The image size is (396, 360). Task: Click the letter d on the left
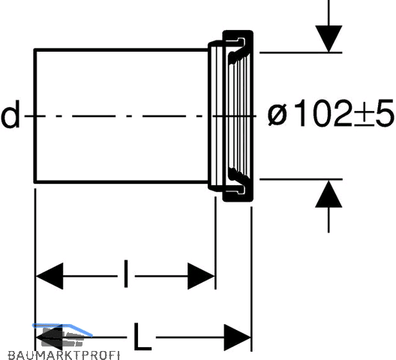click(10, 114)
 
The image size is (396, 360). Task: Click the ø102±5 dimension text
click(330, 112)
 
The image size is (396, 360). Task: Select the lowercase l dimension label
click(126, 274)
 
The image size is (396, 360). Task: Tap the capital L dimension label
click(142, 337)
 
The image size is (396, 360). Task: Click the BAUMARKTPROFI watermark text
click(64, 355)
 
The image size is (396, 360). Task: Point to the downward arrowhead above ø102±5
click(328, 39)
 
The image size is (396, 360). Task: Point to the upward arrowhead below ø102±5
click(328, 193)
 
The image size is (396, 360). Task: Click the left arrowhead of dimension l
click(49, 276)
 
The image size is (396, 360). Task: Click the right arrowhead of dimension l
click(201, 276)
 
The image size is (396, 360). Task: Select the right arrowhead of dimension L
click(238, 337)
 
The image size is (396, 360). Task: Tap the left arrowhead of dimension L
click(49, 337)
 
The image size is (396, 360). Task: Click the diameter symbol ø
click(277, 114)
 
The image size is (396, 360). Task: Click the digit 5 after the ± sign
click(385, 113)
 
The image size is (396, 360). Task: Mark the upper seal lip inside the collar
click(237, 55)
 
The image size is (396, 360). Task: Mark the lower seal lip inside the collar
click(237, 176)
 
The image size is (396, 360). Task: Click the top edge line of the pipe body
click(121, 50)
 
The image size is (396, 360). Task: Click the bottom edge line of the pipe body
click(121, 181)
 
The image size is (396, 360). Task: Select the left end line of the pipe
click(35, 116)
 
